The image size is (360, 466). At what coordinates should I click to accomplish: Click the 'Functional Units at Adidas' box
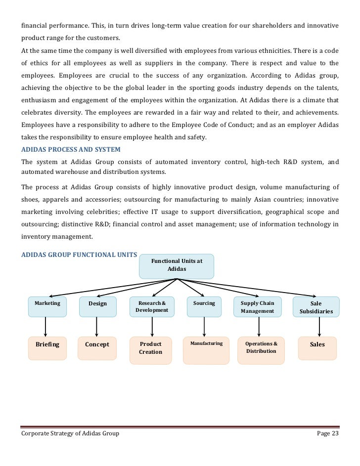pyautogui.click(x=177, y=266)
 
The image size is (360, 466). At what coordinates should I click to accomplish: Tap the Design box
pyautogui.click(x=97, y=306)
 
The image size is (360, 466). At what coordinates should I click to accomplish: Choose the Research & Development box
pyautogui.click(x=152, y=306)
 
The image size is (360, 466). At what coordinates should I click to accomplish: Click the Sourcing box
pyautogui.click(x=204, y=306)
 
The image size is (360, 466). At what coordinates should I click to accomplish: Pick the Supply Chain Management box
pyautogui.click(x=257, y=307)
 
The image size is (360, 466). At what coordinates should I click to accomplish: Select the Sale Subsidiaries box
pyautogui.click(x=316, y=307)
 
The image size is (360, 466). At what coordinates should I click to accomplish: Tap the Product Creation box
pyautogui.click(x=151, y=350)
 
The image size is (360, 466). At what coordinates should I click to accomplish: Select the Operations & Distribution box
pyautogui.click(x=262, y=350)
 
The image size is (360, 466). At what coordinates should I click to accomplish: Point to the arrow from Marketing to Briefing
pyautogui.click(x=45, y=327)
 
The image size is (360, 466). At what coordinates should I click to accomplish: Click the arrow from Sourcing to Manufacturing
pyautogui.click(x=204, y=327)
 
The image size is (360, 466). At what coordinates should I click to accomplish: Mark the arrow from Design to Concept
pyautogui.click(x=97, y=327)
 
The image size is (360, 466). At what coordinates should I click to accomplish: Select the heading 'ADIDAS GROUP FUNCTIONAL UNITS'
pyautogui.click(x=79, y=255)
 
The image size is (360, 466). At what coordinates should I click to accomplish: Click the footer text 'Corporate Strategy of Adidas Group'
pyautogui.click(x=70, y=433)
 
